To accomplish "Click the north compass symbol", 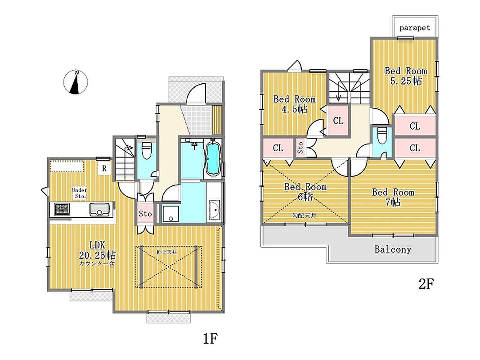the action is (77, 83).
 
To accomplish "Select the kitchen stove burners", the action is (62, 209).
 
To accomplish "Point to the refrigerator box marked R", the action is (104, 169).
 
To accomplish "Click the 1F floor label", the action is (211, 337).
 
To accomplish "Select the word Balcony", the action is (393, 249).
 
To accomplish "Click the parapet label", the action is (415, 28).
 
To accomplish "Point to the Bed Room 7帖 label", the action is (393, 197).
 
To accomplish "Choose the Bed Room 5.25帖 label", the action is (405, 76).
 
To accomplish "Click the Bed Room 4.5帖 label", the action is (295, 104).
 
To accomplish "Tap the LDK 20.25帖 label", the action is (97, 250).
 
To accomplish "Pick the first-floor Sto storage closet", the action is (145, 214).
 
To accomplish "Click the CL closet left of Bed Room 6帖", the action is (278, 148).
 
